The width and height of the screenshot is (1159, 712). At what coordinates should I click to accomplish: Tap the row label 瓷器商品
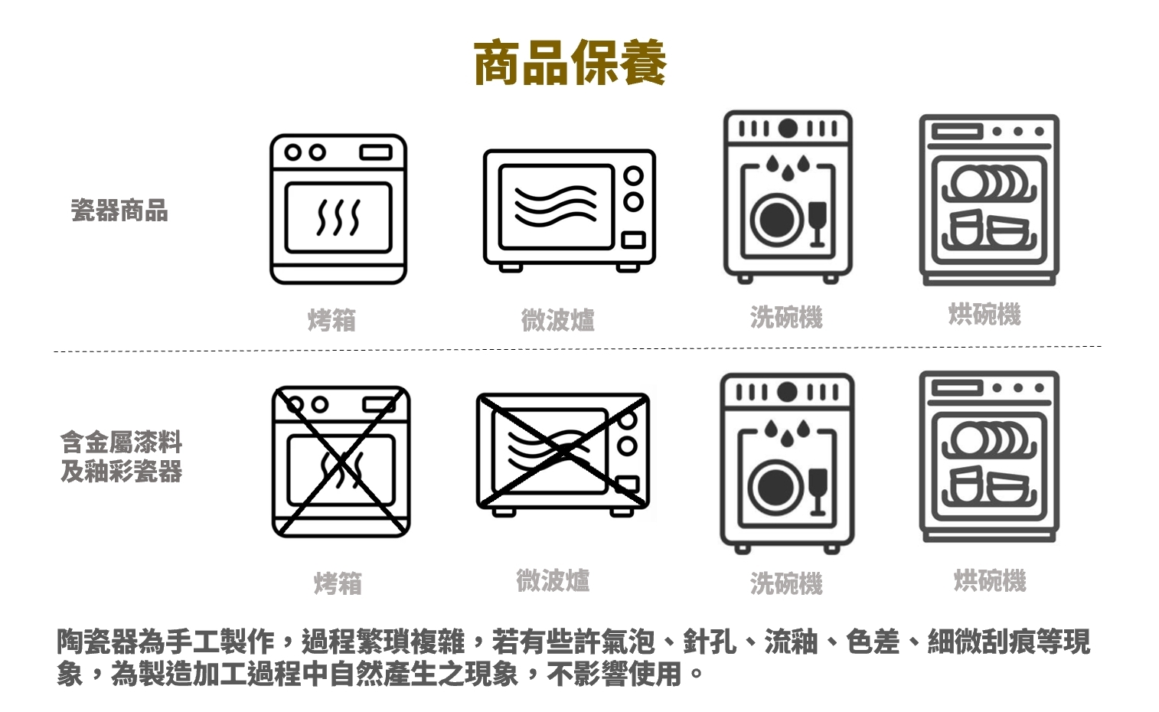(x=119, y=211)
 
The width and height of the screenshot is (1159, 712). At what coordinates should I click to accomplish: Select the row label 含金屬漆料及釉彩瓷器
(x=122, y=457)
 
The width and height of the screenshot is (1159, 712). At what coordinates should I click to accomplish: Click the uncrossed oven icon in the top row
(x=338, y=209)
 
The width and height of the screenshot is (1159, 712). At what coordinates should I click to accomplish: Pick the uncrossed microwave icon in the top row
(x=569, y=211)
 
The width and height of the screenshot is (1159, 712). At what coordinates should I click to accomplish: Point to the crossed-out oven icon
(x=341, y=462)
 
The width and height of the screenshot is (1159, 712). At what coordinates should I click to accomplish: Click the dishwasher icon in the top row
(x=788, y=197)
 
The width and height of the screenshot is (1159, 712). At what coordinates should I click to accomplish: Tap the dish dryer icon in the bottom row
(x=989, y=456)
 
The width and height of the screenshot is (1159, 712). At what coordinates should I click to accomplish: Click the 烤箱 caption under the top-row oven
(x=331, y=320)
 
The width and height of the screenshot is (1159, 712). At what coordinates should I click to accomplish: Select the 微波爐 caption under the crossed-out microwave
(x=553, y=580)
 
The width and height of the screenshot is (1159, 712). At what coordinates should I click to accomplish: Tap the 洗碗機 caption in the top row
(x=786, y=317)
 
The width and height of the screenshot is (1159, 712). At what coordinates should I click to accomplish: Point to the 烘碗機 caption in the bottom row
(x=990, y=580)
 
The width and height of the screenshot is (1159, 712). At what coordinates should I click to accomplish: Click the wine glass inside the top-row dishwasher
(x=818, y=224)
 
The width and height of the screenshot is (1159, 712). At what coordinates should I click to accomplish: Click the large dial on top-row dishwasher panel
(x=788, y=129)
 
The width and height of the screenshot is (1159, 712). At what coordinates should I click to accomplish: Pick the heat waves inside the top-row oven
(x=338, y=217)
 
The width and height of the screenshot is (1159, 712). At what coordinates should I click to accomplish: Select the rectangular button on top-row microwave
(x=633, y=240)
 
